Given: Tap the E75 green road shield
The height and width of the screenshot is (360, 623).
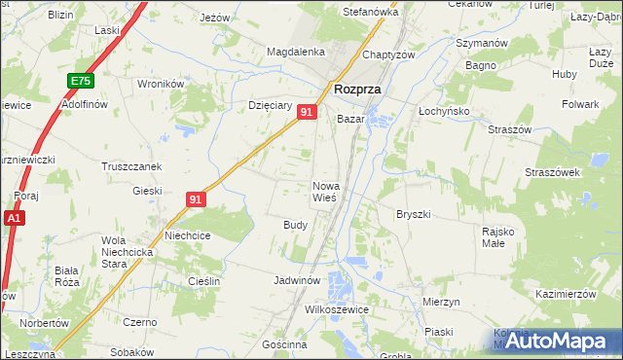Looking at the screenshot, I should click(81, 81).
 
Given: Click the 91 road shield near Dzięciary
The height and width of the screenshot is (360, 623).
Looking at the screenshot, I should click(307, 113).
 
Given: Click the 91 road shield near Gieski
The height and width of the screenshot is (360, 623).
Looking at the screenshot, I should click(196, 199).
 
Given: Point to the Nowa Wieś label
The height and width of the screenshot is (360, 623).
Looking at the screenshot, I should click(325, 192).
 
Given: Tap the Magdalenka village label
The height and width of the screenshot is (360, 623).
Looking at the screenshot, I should click(295, 52).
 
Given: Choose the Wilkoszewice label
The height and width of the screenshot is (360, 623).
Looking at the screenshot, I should click(337, 308).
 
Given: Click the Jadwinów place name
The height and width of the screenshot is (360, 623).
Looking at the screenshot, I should click(297, 280).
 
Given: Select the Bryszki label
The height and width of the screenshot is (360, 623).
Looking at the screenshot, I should click(413, 213).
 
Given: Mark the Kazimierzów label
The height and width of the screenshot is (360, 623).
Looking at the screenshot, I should click(565, 294).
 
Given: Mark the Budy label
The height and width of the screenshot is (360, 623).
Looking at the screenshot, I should click(296, 225).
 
